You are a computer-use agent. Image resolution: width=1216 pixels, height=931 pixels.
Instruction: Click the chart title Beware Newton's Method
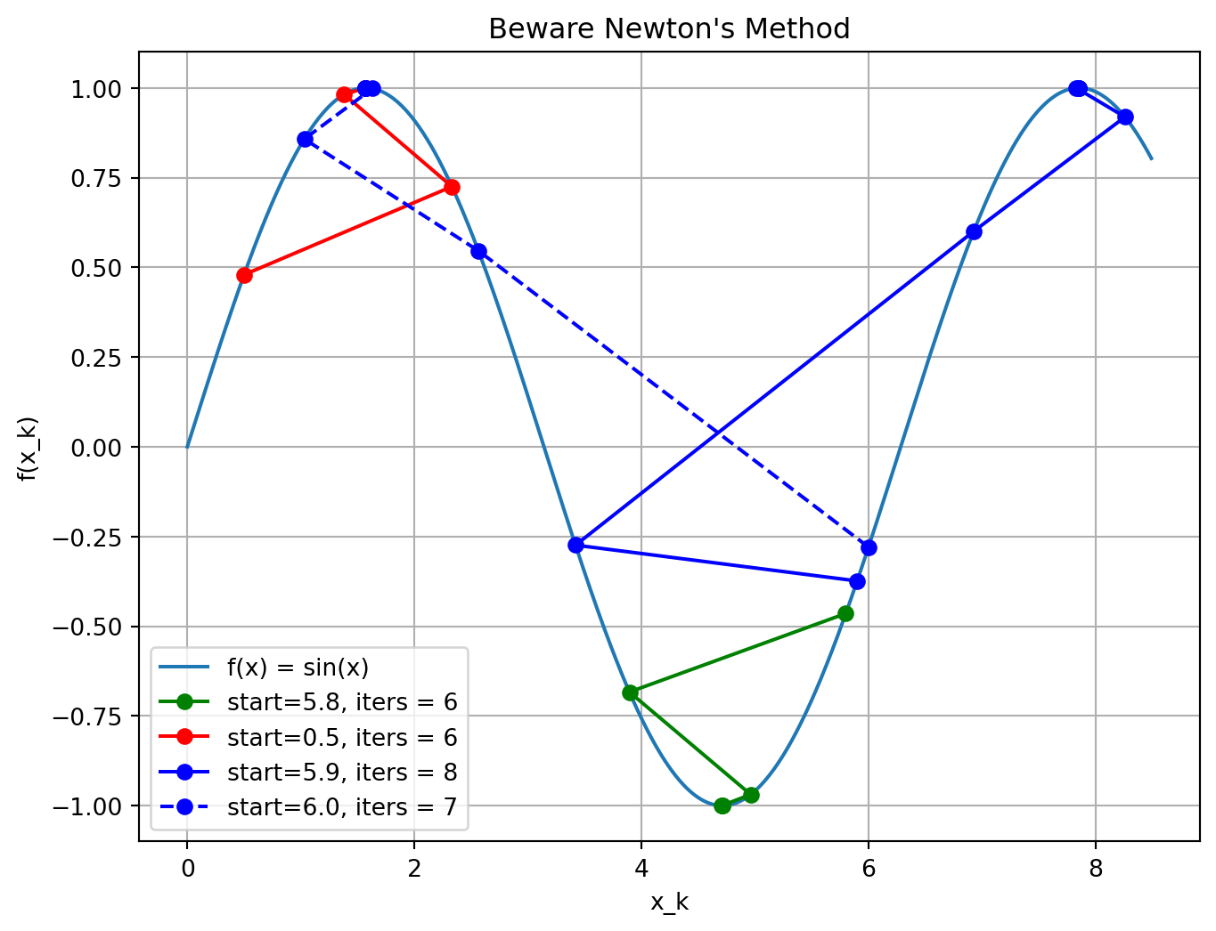[x=669, y=28]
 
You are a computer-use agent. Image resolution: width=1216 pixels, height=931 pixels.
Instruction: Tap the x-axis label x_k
[x=669, y=903]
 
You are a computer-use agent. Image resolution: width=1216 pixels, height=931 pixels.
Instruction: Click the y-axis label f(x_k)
[x=27, y=448]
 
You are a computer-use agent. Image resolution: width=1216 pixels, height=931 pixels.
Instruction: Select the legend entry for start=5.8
[x=342, y=702]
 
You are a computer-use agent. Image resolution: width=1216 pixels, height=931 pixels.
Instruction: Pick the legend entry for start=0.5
[x=342, y=737]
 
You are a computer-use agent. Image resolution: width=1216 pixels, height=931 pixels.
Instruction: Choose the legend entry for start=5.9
[x=342, y=773]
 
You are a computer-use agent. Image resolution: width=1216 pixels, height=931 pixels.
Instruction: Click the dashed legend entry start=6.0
[x=342, y=807]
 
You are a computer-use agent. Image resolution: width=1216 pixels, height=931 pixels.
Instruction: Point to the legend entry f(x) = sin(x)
[x=298, y=668]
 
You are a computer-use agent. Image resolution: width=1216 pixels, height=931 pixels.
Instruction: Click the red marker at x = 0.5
[x=244, y=275]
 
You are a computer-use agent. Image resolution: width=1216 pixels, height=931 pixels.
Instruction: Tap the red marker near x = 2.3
[x=452, y=187]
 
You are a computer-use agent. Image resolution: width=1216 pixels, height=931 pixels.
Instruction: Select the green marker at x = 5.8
[x=845, y=613]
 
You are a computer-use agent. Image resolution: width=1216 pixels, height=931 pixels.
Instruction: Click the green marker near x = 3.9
[x=630, y=692]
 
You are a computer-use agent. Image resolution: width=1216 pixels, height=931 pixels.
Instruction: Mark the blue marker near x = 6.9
[x=974, y=231]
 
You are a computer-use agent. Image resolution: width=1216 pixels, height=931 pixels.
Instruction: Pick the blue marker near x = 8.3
[x=1125, y=117]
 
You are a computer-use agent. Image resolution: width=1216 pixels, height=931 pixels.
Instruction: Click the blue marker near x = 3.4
[x=575, y=545]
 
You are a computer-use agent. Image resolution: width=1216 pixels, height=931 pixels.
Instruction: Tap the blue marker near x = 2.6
[x=478, y=251]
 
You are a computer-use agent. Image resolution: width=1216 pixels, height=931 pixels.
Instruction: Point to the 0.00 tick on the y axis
[x=100, y=448]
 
